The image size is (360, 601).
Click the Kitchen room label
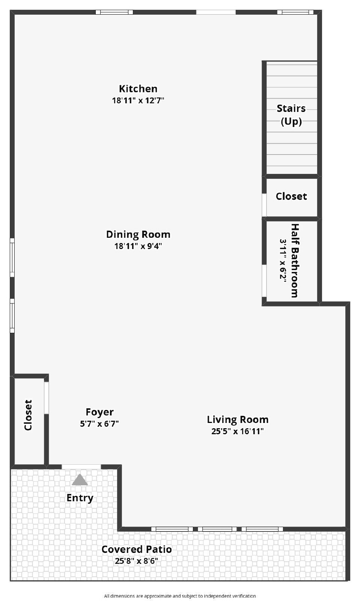[138, 89]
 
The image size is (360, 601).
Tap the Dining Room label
[138, 234]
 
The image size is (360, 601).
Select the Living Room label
[238, 419]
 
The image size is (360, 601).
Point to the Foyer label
[99, 412]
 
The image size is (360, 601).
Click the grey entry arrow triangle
[80, 480]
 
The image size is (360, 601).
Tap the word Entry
[80, 498]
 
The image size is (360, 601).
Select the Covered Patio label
[136, 549]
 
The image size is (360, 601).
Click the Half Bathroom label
[295, 261]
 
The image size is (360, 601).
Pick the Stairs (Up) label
[291, 115]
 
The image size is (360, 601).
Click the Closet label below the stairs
[291, 196]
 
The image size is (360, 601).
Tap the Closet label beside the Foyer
[28, 415]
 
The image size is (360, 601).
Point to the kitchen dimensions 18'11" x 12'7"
[138, 100]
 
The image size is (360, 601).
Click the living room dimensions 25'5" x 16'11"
[238, 431]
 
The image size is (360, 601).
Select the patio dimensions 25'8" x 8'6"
[136, 561]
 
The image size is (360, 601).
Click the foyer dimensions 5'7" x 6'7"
[99, 424]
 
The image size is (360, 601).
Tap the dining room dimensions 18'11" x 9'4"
[138, 246]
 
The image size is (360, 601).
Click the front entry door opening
[81, 467]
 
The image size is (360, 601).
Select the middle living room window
[217, 529]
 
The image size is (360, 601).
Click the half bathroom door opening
[264, 281]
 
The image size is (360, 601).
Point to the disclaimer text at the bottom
[180, 596]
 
